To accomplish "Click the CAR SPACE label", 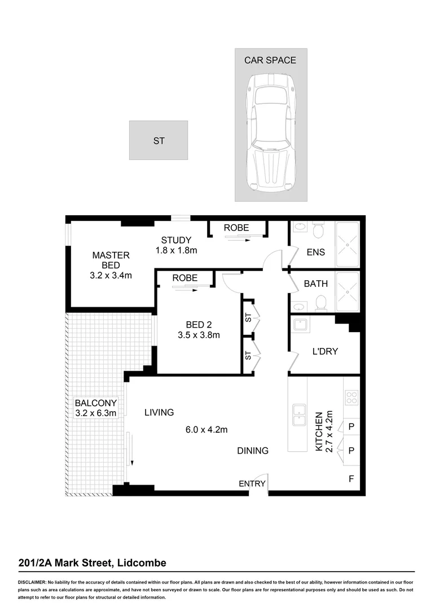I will pyautogui.click(x=270, y=60).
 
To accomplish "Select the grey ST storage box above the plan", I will pyautogui.click(x=159, y=141).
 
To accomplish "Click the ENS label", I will pyautogui.click(x=315, y=252).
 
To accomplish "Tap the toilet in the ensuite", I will pyautogui.click(x=318, y=232).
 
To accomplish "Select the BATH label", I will pyautogui.click(x=315, y=284).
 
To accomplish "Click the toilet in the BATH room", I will pyautogui.click(x=321, y=303).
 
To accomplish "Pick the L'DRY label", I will pyautogui.click(x=324, y=351).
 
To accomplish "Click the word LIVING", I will pyautogui.click(x=159, y=412).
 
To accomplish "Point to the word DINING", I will pyautogui.click(x=252, y=451).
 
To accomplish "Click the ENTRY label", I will pyautogui.click(x=252, y=483).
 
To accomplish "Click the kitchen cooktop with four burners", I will pyautogui.click(x=351, y=398).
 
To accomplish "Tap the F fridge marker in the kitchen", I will pyautogui.click(x=351, y=480).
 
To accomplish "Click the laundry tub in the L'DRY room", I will pyautogui.click(x=300, y=325).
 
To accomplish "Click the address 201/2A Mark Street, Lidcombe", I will pyautogui.click(x=92, y=563).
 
